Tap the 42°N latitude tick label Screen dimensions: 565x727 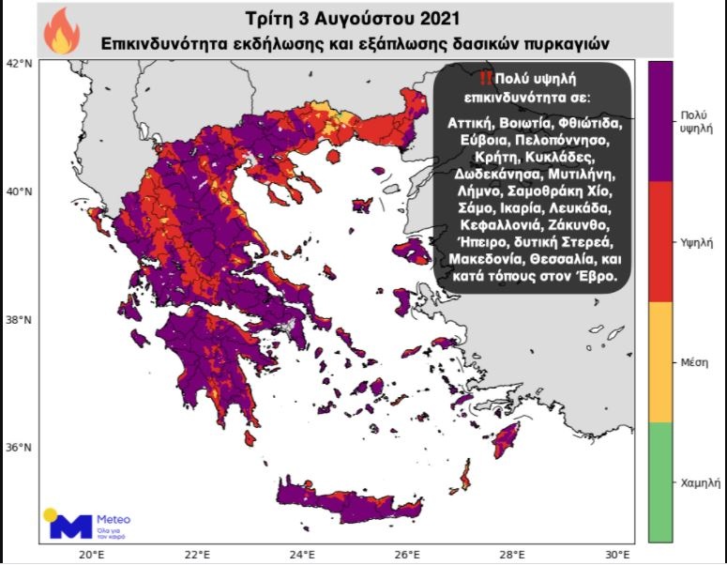point(19,63)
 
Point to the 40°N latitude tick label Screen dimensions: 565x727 point(19,191)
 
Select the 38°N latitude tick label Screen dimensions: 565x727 point(19,319)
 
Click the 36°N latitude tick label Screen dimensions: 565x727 point(19,447)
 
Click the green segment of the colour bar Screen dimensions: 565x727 point(660,481)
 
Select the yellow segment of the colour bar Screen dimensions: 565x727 point(660,361)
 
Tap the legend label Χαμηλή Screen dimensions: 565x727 point(699,482)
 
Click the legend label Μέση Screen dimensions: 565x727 point(694,362)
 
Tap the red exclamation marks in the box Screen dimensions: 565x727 point(485,78)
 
